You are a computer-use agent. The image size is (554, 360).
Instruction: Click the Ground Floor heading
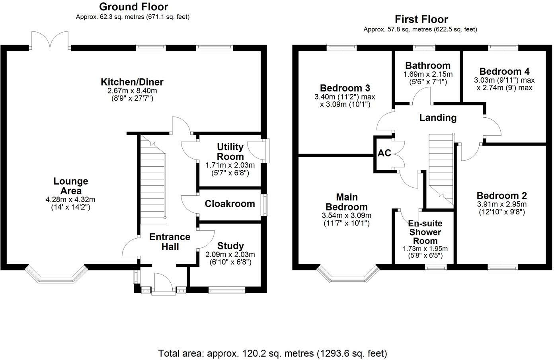click(x=134, y=7)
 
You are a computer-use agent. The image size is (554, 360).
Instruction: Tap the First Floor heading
click(x=421, y=19)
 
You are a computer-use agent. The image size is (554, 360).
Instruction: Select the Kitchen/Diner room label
click(x=132, y=82)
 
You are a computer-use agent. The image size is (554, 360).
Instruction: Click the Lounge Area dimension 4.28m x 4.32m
click(x=70, y=200)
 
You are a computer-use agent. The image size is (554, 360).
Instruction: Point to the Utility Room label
click(x=230, y=152)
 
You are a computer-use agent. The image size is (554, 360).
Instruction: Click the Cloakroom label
click(x=230, y=204)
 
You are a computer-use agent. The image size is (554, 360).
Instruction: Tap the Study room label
click(x=230, y=246)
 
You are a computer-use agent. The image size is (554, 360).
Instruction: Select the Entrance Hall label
click(x=170, y=242)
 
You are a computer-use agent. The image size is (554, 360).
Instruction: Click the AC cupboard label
click(x=384, y=153)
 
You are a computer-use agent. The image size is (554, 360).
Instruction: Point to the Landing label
click(x=438, y=118)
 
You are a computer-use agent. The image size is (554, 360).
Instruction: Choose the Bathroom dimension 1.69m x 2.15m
click(x=428, y=74)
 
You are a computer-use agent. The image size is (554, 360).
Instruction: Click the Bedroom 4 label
click(x=504, y=72)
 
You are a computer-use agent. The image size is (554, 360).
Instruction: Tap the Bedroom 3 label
click(x=345, y=88)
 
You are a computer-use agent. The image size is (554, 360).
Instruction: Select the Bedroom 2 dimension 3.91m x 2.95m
click(x=502, y=204)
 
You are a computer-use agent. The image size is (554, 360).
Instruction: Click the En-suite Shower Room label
click(x=425, y=232)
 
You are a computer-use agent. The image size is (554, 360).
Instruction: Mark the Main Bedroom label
click(x=347, y=202)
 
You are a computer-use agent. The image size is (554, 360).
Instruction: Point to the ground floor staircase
click(x=152, y=180)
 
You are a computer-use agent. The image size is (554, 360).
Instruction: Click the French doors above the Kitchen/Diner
click(x=50, y=41)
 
